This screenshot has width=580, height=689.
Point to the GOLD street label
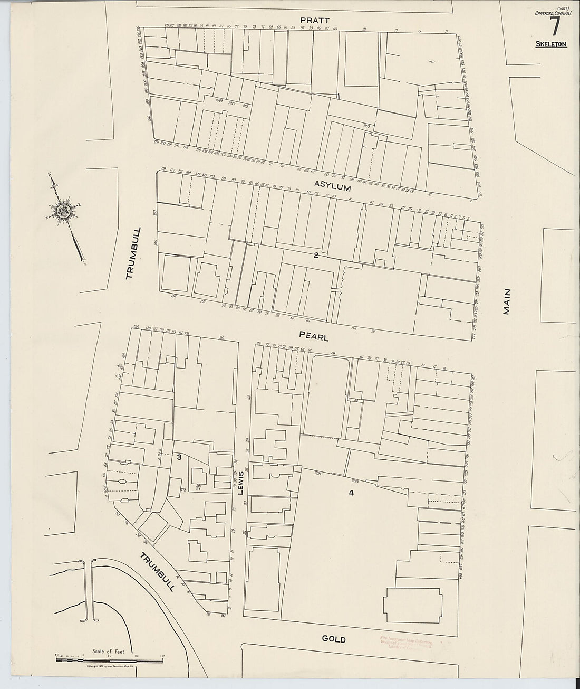333,639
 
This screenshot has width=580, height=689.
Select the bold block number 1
338,96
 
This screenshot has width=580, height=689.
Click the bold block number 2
316,256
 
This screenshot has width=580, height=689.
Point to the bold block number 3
179,457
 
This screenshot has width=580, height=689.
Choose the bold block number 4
351,493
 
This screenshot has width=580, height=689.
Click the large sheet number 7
554,26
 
